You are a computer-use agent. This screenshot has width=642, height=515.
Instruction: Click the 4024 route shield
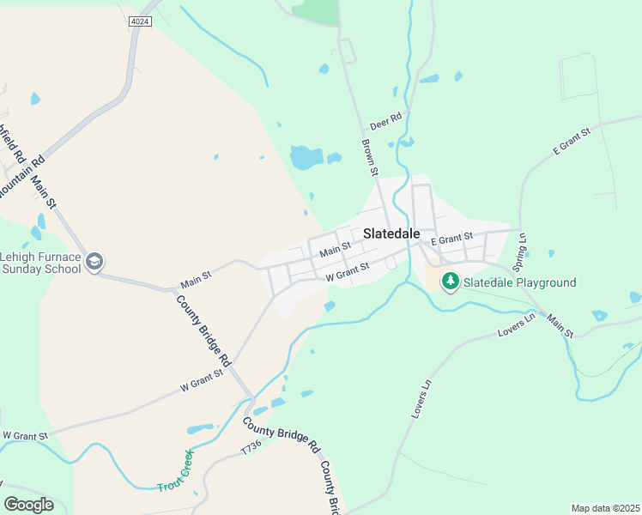coord(140,21)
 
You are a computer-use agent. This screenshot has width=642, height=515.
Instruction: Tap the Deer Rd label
coord(385,123)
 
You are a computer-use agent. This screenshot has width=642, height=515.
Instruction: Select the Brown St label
coord(370,158)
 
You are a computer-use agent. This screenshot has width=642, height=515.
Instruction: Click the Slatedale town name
coord(391,233)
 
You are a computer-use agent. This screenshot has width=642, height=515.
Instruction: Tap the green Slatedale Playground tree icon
coord(449,282)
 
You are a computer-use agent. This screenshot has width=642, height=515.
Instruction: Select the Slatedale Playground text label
coord(520,282)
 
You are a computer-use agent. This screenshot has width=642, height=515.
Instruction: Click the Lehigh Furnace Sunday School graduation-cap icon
coord(94,261)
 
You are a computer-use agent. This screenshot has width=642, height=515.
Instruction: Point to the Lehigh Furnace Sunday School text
coord(40,263)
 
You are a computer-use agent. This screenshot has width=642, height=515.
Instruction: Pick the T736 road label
coord(250,449)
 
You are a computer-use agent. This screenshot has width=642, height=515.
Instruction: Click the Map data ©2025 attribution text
coord(605,508)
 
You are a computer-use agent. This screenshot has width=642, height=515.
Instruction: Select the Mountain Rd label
coord(17,176)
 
